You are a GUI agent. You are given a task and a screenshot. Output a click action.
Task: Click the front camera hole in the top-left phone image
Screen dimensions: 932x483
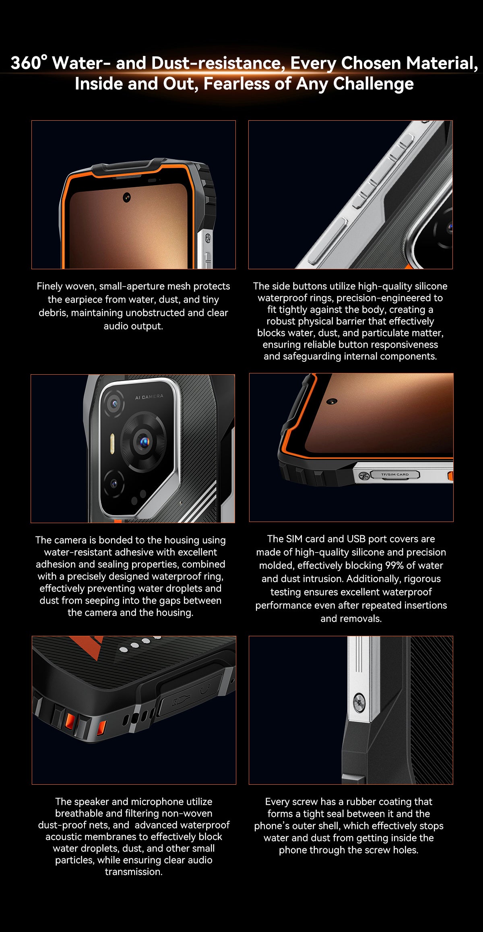pos(127,198)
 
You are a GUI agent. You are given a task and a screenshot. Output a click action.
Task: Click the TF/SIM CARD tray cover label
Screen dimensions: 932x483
pos(394,474)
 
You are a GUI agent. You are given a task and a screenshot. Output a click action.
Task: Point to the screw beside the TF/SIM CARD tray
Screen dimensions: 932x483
pos(364,476)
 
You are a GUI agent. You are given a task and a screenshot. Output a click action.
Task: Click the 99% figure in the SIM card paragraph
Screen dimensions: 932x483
pos(394,565)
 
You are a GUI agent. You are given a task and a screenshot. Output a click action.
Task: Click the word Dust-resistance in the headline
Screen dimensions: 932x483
pos(216,63)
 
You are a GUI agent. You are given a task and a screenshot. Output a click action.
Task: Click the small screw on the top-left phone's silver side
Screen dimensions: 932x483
pos(208,238)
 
